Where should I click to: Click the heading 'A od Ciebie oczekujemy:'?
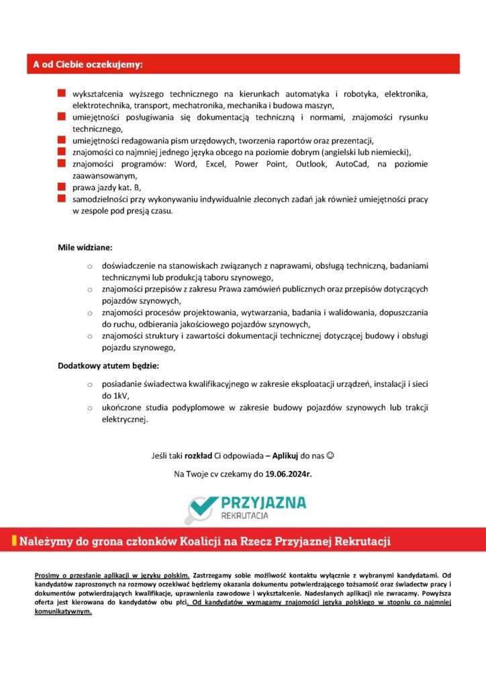89,64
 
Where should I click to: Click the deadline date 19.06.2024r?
288,474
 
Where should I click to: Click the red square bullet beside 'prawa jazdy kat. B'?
61,187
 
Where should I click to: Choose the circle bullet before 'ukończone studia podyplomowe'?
89,408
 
